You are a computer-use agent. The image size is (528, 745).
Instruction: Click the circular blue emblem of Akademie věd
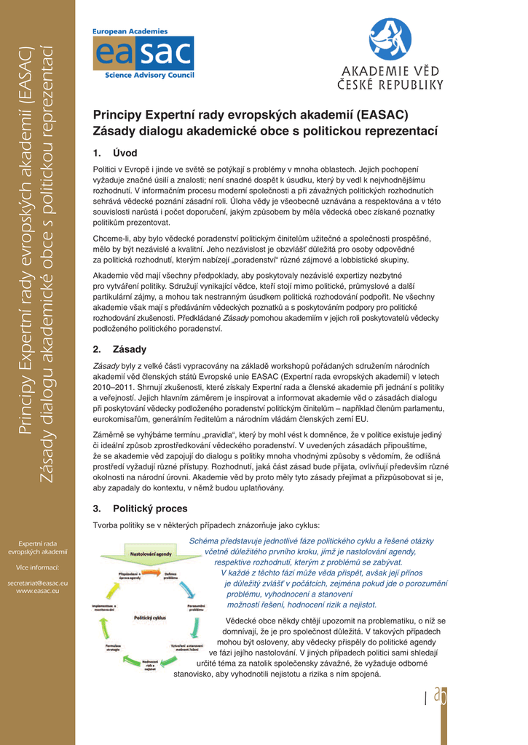click(x=390, y=39)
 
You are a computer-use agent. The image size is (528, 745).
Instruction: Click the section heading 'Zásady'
click(x=129, y=349)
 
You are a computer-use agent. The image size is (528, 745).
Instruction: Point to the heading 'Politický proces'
click(x=150, y=509)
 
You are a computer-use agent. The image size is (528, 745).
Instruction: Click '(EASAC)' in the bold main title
click(x=383, y=115)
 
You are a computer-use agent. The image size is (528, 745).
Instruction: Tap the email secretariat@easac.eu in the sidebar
click(x=37, y=583)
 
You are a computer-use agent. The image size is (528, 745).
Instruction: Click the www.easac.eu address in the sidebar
click(x=37, y=591)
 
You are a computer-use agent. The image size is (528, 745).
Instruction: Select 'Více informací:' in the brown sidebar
click(x=37, y=567)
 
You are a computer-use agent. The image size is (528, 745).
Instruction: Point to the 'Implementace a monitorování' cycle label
click(x=105, y=607)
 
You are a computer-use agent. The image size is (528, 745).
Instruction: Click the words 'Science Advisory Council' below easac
click(x=149, y=76)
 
